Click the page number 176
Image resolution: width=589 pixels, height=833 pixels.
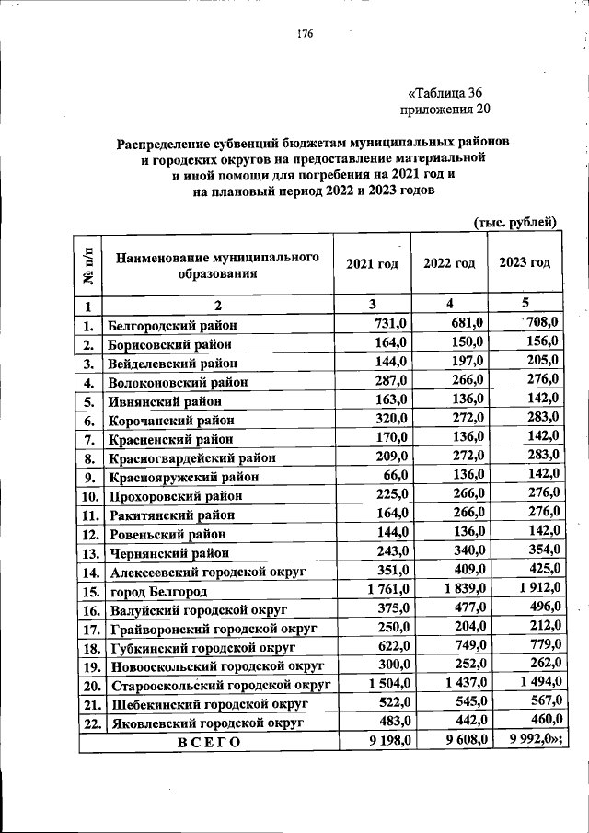306,35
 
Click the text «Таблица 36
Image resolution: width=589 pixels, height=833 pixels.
445,92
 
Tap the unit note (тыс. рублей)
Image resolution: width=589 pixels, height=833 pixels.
515,222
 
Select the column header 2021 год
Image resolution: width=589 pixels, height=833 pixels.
372,263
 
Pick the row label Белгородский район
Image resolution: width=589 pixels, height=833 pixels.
172,325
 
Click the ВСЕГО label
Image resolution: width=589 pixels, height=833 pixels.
208,743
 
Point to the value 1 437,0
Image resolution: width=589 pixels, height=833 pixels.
461,684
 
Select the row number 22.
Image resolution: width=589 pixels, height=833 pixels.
89,723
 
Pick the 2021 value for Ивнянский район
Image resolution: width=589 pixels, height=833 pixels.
390,399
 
